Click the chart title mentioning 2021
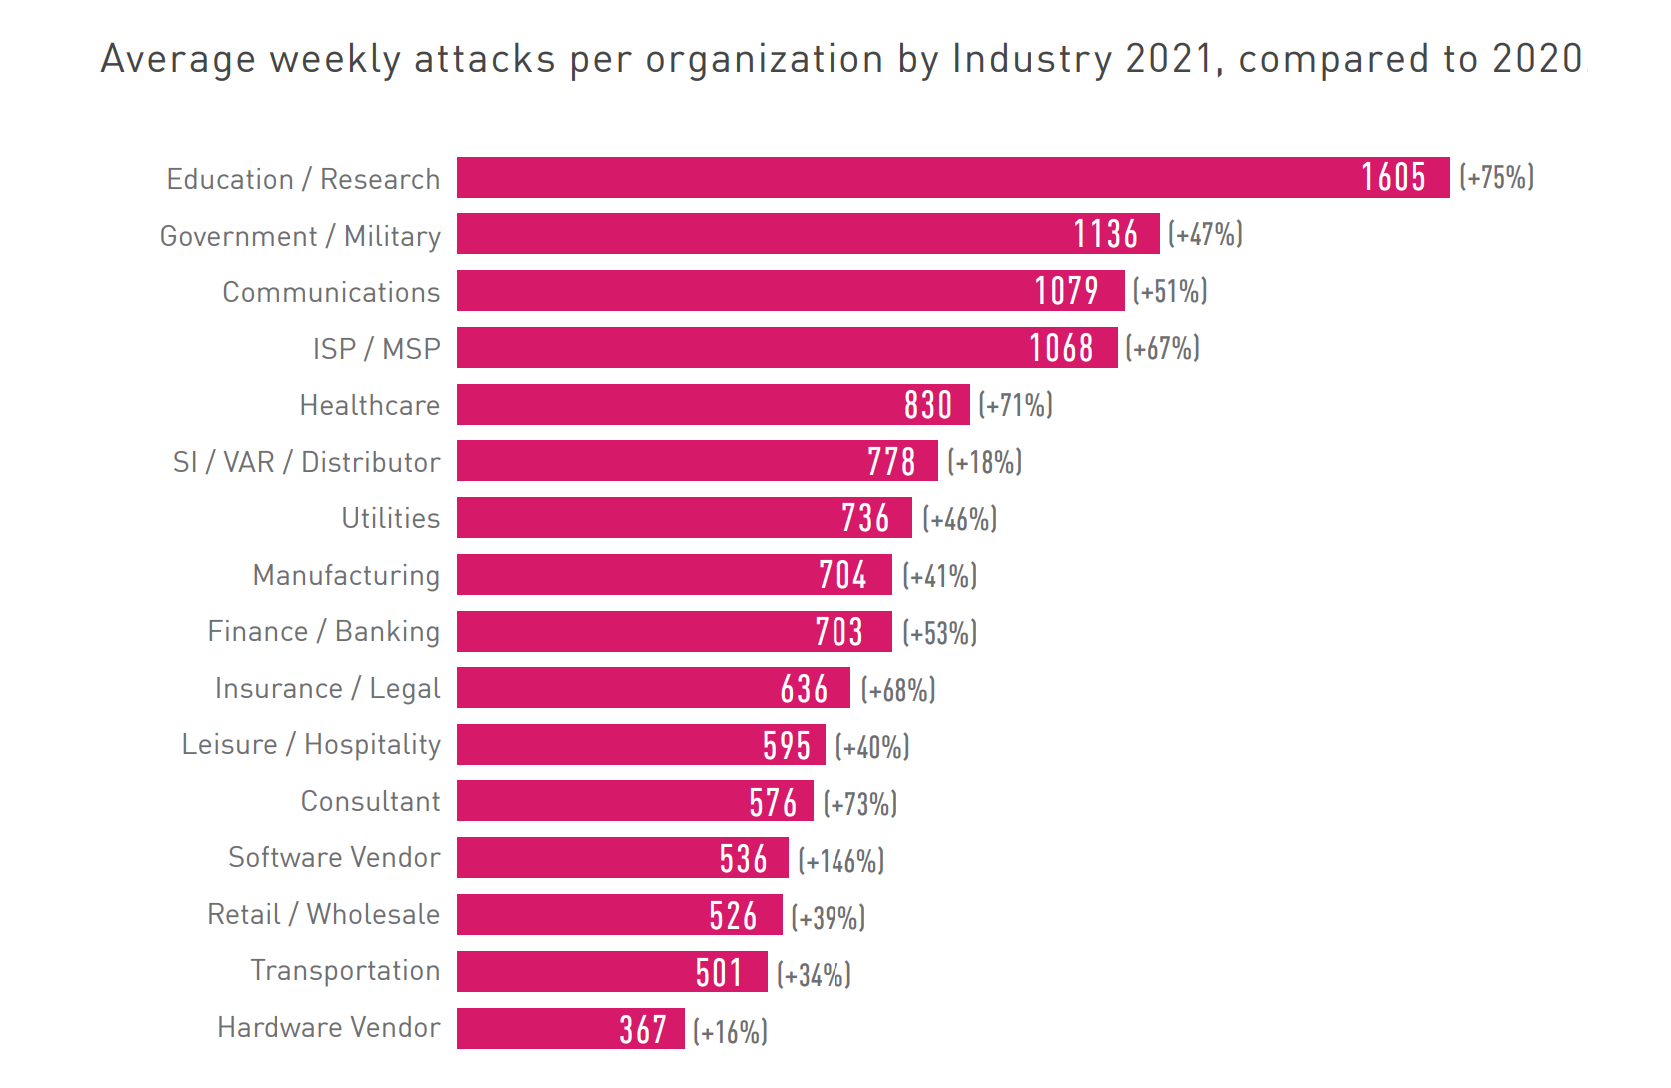tap(841, 59)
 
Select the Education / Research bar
tap(899, 178)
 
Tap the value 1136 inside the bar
tap(1105, 234)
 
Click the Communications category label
tap(331, 292)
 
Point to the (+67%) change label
tap(1162, 348)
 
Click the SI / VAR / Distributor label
tap(306, 462)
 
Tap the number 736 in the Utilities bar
tap(864, 518)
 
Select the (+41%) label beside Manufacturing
tap(939, 576)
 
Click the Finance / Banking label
tap(323, 632)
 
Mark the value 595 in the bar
tap(786, 746)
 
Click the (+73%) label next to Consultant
tap(860, 803)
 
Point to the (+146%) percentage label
tap(840, 860)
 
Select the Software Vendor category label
tap(334, 858)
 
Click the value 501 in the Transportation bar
tap(719, 972)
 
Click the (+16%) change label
tap(730, 1031)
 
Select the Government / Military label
tap(300, 236)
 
